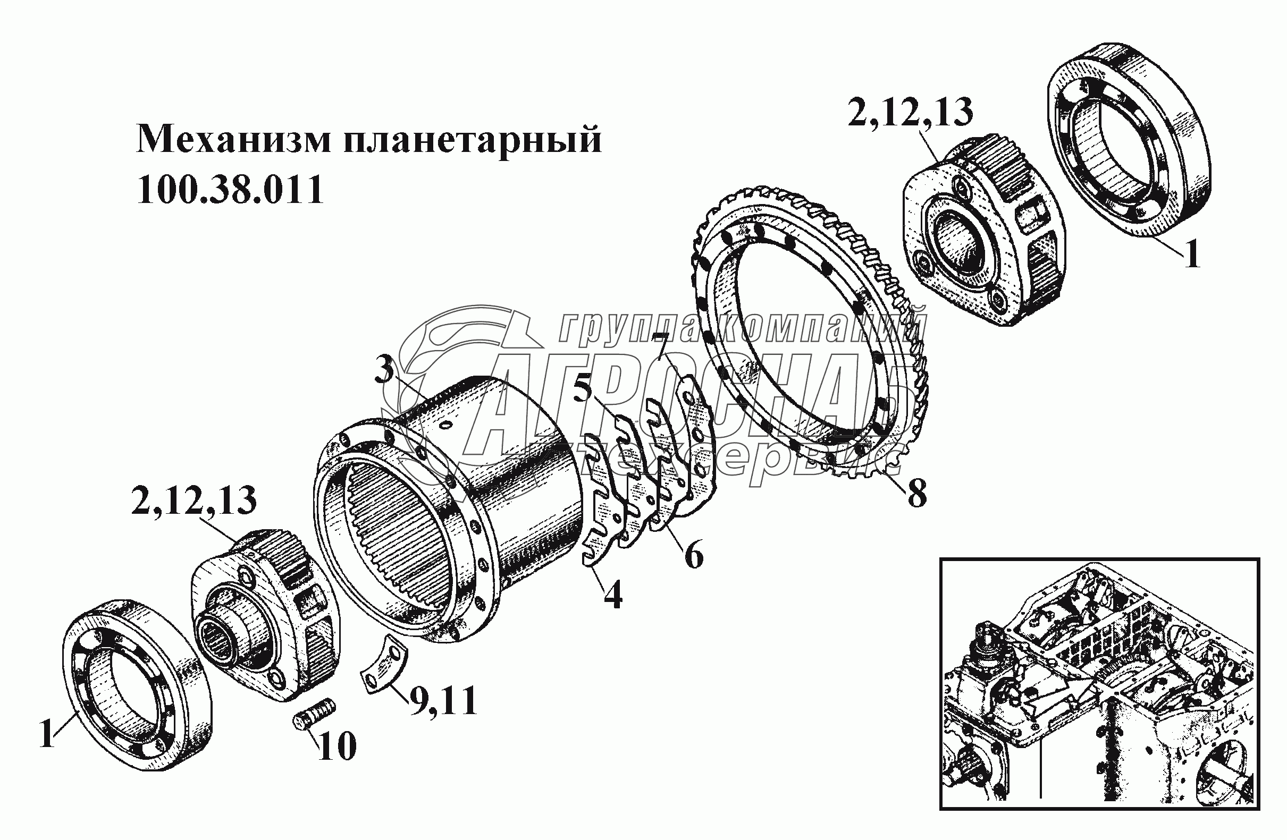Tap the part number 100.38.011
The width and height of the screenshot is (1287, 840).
pos(230,189)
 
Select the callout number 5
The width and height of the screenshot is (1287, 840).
pos(694,554)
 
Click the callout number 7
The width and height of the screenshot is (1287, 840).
pos(917,493)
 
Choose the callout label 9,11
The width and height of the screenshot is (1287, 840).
pos(337,746)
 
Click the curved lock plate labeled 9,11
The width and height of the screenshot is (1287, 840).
pos(910,112)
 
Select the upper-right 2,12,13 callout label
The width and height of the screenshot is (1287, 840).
pos(194,500)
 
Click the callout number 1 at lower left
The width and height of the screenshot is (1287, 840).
pos(1192,254)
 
